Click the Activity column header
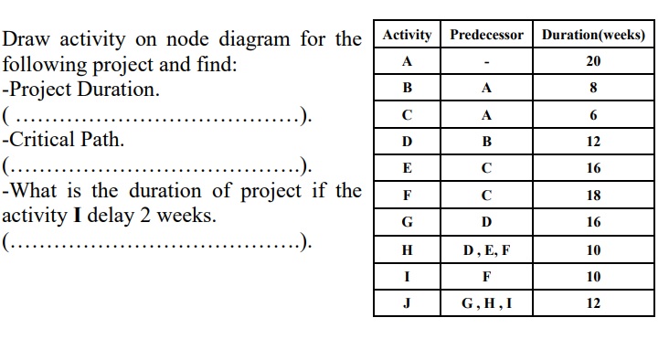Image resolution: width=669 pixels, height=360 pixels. pos(407,35)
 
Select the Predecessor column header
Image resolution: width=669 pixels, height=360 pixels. pos(486,35)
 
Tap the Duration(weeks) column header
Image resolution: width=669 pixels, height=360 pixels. pos(593,35)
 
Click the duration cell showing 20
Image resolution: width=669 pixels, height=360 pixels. pos(593,61)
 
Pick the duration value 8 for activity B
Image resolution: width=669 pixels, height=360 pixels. pos(593,89)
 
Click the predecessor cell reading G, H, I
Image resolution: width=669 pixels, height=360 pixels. pos(486,303)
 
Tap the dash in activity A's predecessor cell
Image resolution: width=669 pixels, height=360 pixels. pos(486,62)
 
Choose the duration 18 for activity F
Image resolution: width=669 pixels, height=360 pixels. pos(593,196)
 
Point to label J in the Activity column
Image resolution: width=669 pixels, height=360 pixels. pos(407,303)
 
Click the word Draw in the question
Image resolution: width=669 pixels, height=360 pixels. pos(25,40)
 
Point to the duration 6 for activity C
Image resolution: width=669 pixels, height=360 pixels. pos(593,115)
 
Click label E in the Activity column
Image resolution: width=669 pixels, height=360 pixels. pos(407,169)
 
